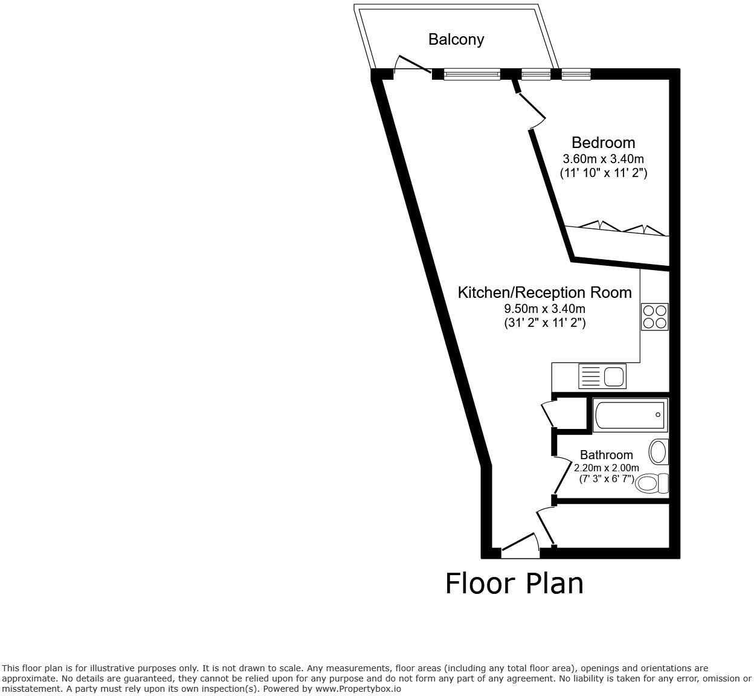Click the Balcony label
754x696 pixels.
tap(456, 40)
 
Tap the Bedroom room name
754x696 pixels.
tap(603, 143)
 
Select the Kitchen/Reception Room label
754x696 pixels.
tap(544, 292)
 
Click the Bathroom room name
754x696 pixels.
tap(606, 455)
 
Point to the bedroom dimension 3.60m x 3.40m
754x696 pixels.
tap(603, 159)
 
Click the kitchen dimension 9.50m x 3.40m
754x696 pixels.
tap(545, 309)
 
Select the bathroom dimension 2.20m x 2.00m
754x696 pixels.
tap(606, 468)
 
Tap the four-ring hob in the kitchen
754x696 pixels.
tap(654, 316)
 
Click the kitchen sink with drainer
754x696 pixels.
tap(602, 376)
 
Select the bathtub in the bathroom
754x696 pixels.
tap(630, 415)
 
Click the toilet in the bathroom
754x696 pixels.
tap(652, 483)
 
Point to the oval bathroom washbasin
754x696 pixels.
tap(658, 451)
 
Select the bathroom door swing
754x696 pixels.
tap(562, 475)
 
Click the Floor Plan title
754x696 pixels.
tap(514, 584)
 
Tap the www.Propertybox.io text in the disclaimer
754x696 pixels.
tap(358, 688)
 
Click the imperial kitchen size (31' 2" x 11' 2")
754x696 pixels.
tap(545, 323)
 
